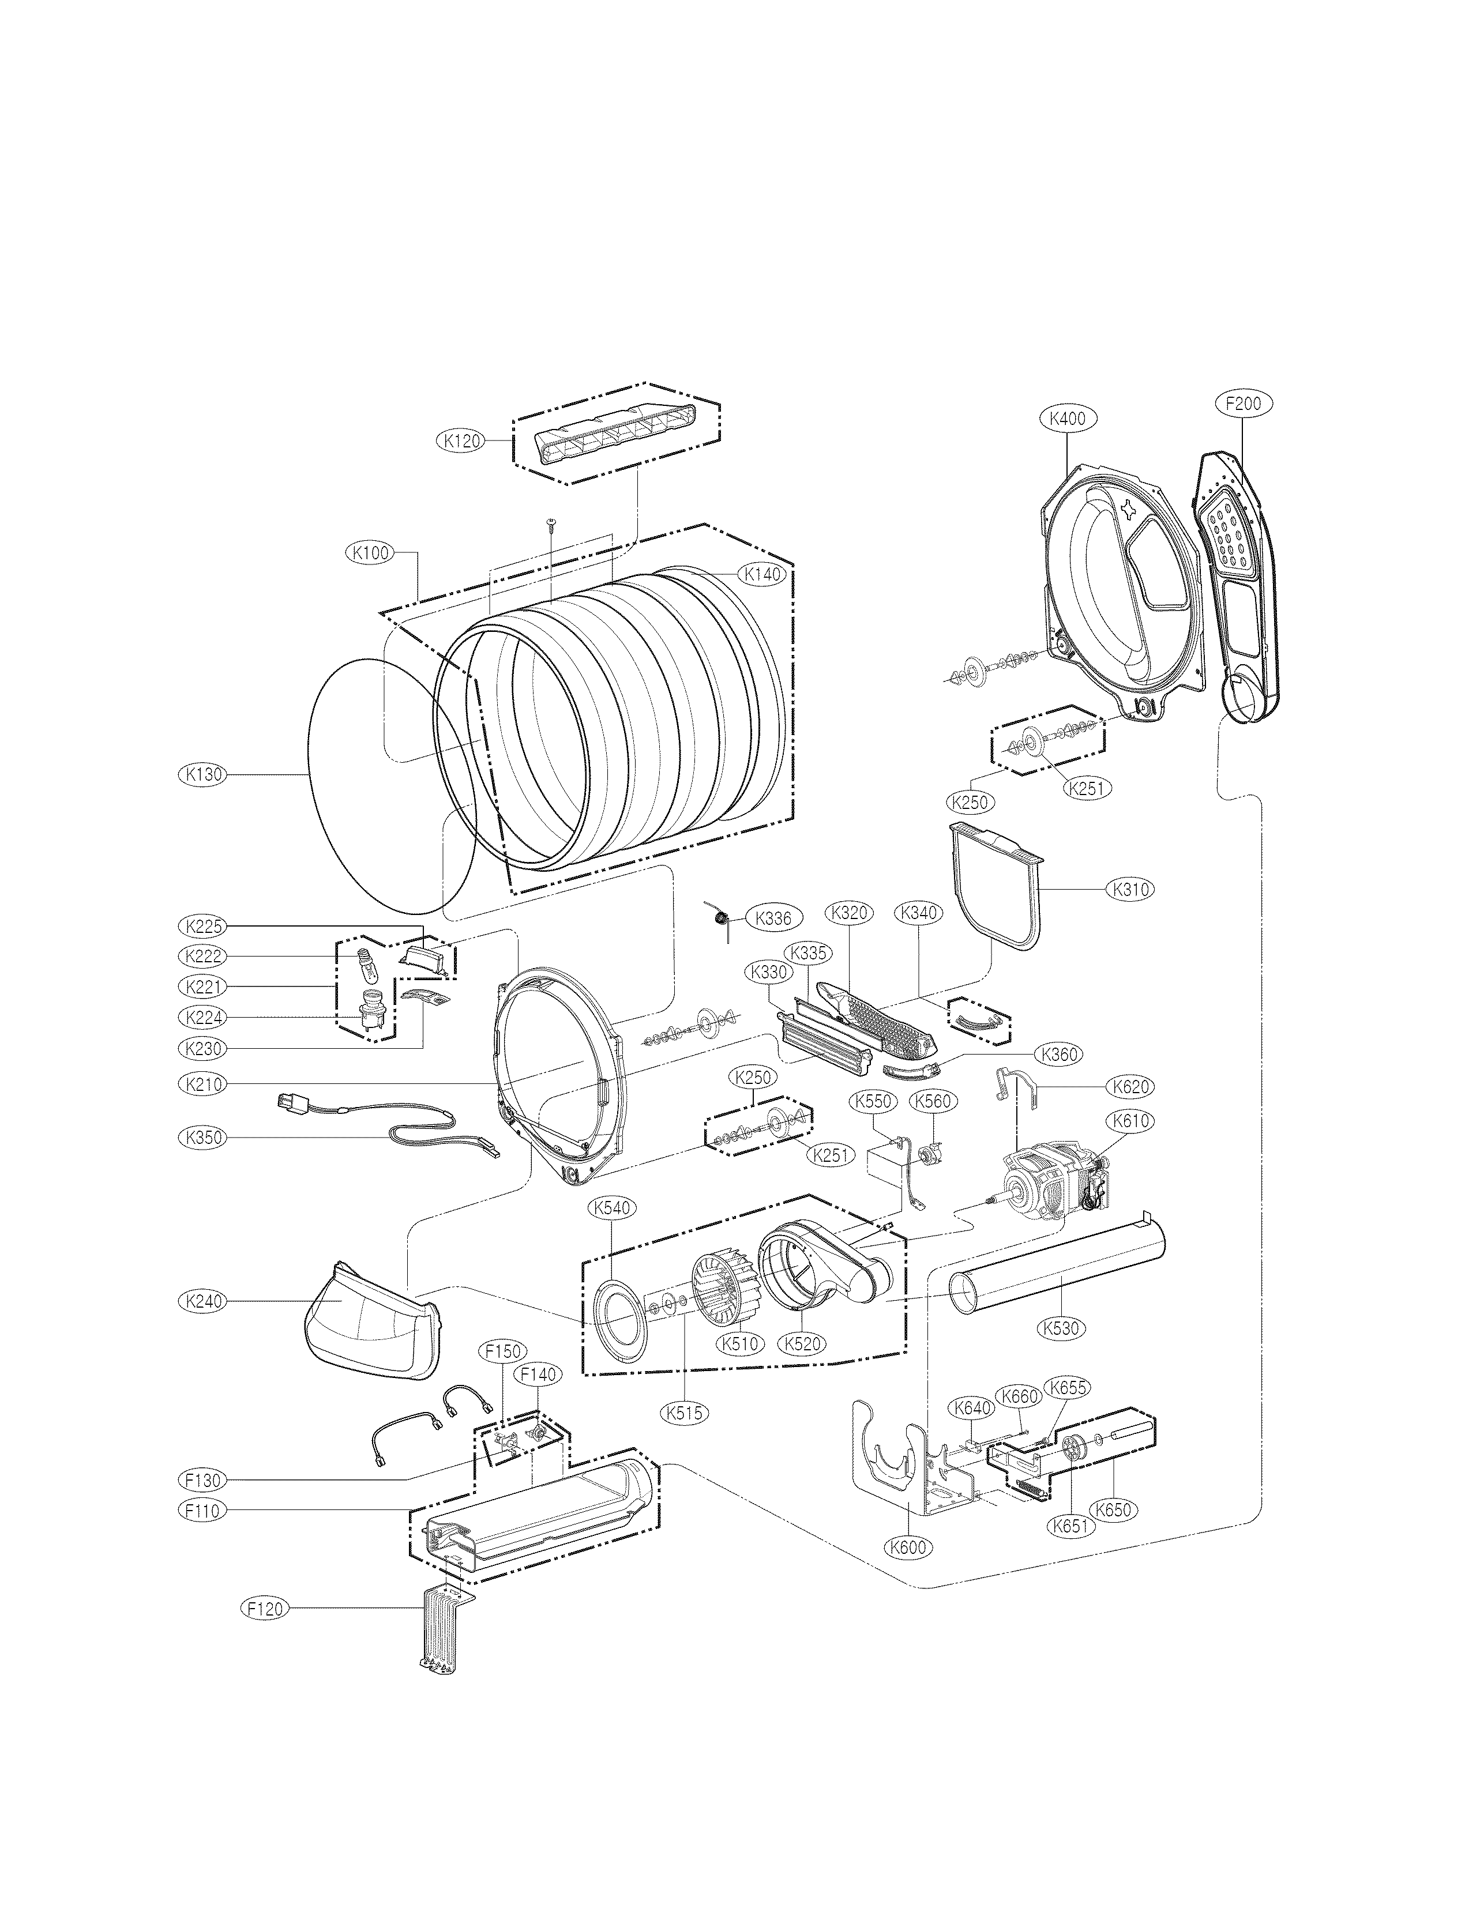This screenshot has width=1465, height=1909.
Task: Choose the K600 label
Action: [908, 1547]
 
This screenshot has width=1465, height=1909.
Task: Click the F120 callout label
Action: [264, 1608]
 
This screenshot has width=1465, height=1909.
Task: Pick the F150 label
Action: [503, 1351]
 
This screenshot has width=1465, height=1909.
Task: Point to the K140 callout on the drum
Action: [761, 574]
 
